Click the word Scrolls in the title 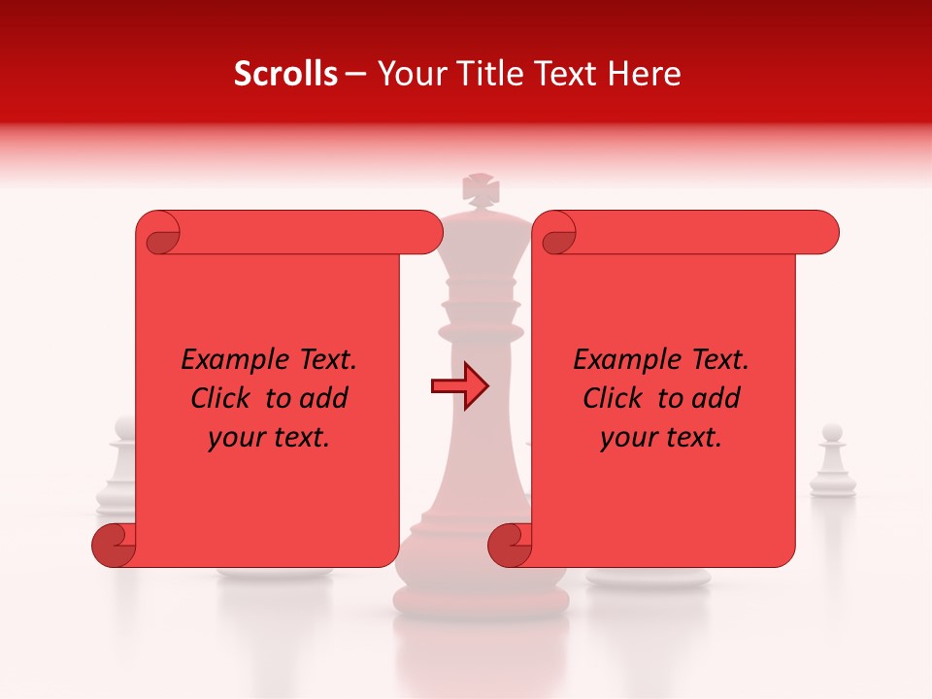pos(285,74)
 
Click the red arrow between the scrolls pos(459,385)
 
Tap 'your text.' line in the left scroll pos(270,438)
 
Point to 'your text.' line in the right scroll pos(662,438)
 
